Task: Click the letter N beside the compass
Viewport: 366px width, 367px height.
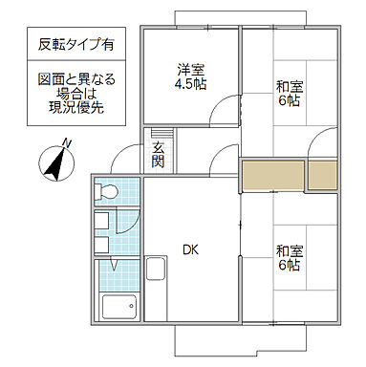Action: point(66,142)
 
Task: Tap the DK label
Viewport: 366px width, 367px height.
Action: point(189,251)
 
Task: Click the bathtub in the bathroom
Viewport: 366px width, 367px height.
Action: point(120,309)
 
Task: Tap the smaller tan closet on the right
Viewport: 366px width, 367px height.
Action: point(323,175)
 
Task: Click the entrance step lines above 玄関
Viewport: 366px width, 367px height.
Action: point(158,135)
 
